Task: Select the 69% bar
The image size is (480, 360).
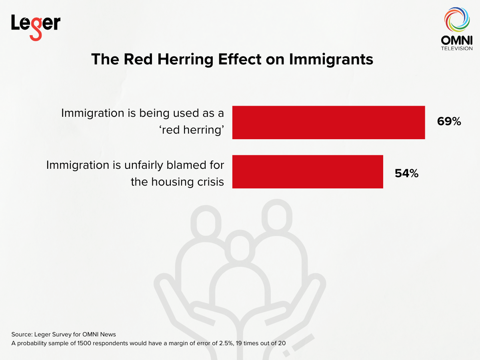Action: pos(328,122)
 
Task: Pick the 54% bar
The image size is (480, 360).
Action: pos(308,172)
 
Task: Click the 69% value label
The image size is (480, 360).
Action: pos(449,122)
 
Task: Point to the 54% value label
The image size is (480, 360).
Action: pos(406,173)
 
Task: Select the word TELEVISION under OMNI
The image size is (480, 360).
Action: pos(456,48)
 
